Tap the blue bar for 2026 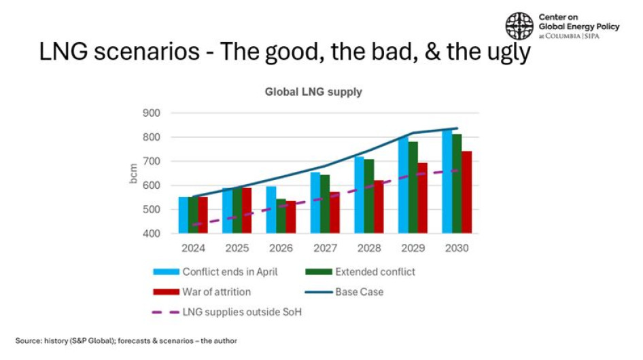coord(271,210)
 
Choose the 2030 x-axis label coord(456,248)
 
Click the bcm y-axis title coord(133,174)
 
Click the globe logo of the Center coord(519,26)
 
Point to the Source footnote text coord(126,340)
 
